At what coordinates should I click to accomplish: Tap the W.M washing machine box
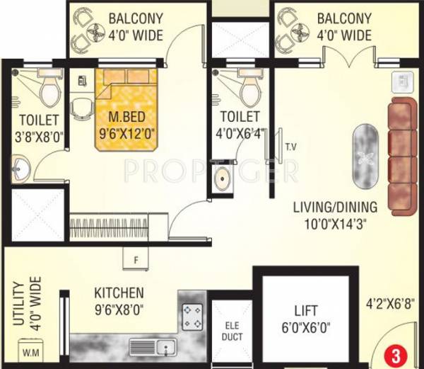point(31,351)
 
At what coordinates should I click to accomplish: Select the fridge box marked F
point(135,259)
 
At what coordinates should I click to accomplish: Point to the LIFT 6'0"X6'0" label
point(305,319)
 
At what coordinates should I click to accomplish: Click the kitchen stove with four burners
point(192,316)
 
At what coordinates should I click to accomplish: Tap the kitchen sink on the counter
point(152,347)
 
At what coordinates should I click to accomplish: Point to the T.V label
point(290,147)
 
